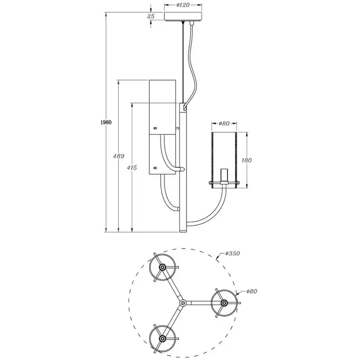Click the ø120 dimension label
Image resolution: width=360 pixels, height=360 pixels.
(x=183, y=5)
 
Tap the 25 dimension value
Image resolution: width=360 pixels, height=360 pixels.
(x=151, y=16)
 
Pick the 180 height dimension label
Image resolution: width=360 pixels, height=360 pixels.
(x=247, y=160)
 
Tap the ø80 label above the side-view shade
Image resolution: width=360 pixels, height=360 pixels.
(x=224, y=123)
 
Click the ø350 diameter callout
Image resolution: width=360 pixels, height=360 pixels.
(x=233, y=254)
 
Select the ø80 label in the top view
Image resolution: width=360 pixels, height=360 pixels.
(x=251, y=291)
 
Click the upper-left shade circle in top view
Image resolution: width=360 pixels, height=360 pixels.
(x=163, y=268)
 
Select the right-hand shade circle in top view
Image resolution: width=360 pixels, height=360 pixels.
(x=224, y=303)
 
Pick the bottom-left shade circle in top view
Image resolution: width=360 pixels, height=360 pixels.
(x=163, y=338)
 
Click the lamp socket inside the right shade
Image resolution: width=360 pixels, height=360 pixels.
(x=224, y=176)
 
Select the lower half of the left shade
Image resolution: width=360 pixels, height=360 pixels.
(x=163, y=154)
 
